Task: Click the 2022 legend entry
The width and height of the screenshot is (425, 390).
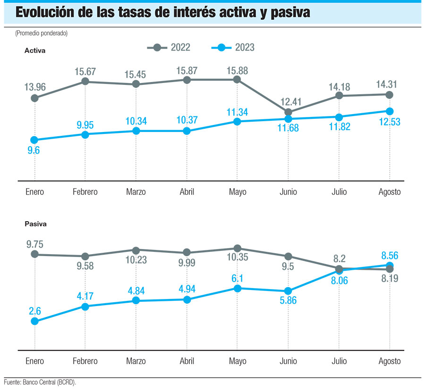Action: (169, 47)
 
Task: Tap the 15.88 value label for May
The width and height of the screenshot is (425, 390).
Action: (238, 71)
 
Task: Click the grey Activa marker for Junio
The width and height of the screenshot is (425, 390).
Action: (288, 112)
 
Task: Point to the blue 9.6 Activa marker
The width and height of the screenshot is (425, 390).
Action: (34, 140)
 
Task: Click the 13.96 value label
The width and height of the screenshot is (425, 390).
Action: (34, 87)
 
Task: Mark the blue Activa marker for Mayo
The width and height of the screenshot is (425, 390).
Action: (238, 122)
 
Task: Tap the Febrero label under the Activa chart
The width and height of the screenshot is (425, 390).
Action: (85, 192)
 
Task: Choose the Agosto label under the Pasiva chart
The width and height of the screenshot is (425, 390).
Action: (389, 361)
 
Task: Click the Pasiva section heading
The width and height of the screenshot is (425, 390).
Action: (35, 224)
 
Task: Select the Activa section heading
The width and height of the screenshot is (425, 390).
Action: (35, 50)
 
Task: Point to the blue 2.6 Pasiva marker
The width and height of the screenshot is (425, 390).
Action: (34, 321)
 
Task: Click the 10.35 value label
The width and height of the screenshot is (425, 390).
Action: (238, 260)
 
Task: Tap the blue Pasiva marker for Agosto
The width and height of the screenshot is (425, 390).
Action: (390, 266)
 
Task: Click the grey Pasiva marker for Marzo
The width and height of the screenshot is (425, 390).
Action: (136, 250)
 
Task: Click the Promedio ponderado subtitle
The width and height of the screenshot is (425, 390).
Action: (42, 33)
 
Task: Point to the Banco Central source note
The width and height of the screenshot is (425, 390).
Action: (40, 382)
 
